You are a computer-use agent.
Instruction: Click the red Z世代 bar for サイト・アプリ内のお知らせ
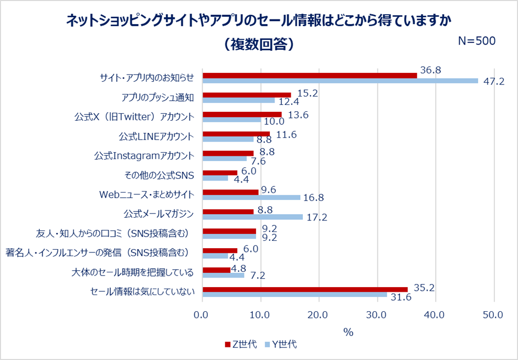tap(310, 76)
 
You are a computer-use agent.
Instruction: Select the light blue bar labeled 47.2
tap(340, 81)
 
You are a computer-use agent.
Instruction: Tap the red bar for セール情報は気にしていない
tap(305, 289)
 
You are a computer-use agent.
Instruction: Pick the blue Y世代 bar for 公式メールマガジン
tap(252, 217)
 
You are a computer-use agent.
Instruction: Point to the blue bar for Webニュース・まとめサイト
tap(251, 197)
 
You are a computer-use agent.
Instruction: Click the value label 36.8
tap(431, 70)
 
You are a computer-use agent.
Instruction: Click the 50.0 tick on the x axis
tap(494, 315)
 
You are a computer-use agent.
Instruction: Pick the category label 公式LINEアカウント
tap(156, 136)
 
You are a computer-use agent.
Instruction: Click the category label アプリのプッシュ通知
tap(157, 97)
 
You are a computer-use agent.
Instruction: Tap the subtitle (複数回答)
tap(258, 44)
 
